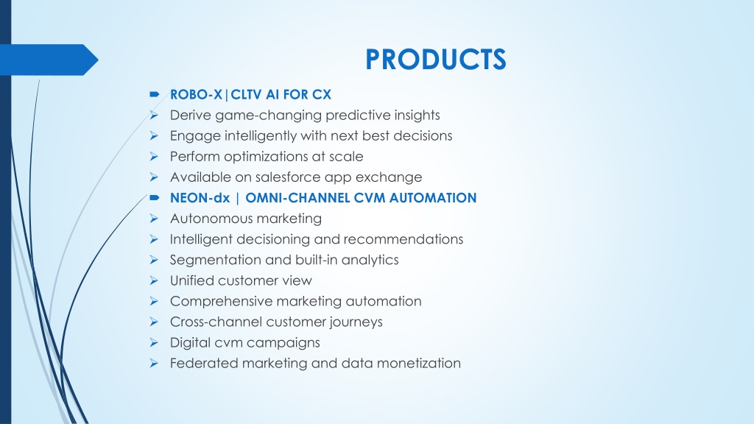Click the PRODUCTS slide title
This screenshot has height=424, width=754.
[x=436, y=59]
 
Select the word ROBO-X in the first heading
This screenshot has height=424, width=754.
[x=196, y=95]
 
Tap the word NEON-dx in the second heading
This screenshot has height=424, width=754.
[x=200, y=198]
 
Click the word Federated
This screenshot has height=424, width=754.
[x=204, y=364]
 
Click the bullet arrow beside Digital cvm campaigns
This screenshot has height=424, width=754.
[x=154, y=343]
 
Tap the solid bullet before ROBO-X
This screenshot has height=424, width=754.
[x=155, y=95]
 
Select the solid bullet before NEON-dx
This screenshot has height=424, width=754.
[x=155, y=197]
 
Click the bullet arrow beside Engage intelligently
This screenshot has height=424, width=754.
[x=154, y=136]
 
